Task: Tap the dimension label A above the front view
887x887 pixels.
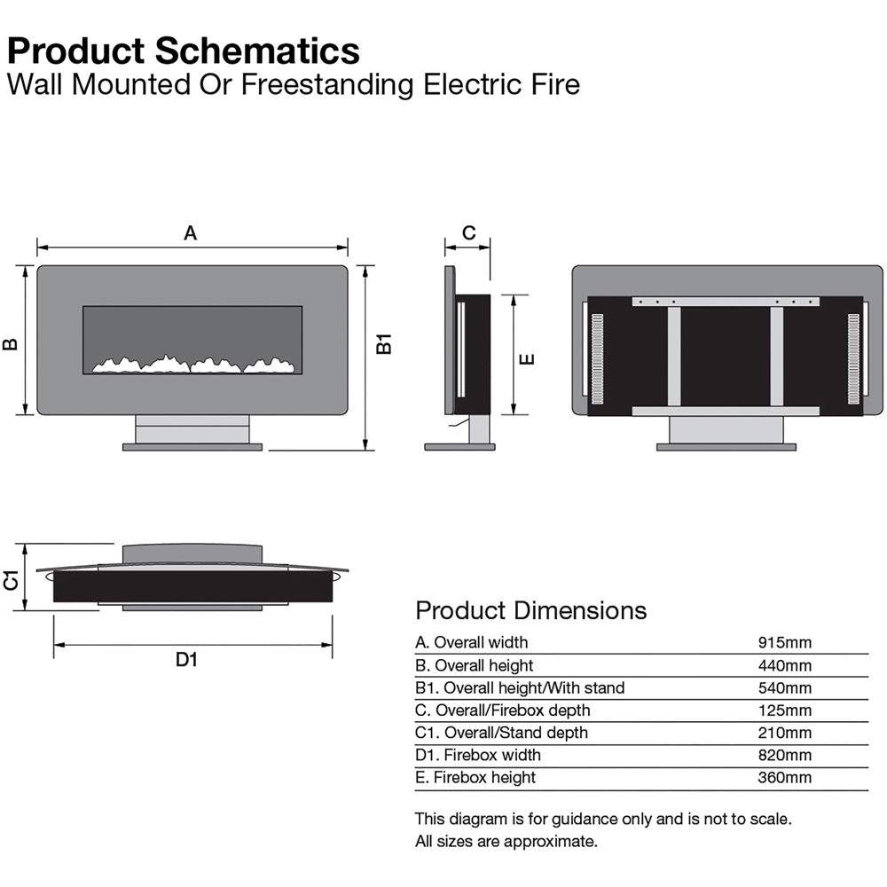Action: click(x=190, y=233)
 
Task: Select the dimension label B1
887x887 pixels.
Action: click(x=383, y=344)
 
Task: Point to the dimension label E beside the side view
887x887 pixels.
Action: click(x=526, y=358)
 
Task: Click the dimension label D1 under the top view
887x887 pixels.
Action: click(x=185, y=659)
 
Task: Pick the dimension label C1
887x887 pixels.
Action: click(x=12, y=580)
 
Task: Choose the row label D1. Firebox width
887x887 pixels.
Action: click(x=478, y=755)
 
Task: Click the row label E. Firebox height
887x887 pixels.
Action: click(x=475, y=777)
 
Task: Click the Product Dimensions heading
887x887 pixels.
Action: click(x=530, y=610)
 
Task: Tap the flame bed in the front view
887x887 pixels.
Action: click(x=192, y=364)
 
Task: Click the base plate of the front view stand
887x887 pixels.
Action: click(x=192, y=447)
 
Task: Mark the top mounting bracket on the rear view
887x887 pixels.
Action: click(x=726, y=302)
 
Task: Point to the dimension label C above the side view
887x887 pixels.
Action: click(x=469, y=233)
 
